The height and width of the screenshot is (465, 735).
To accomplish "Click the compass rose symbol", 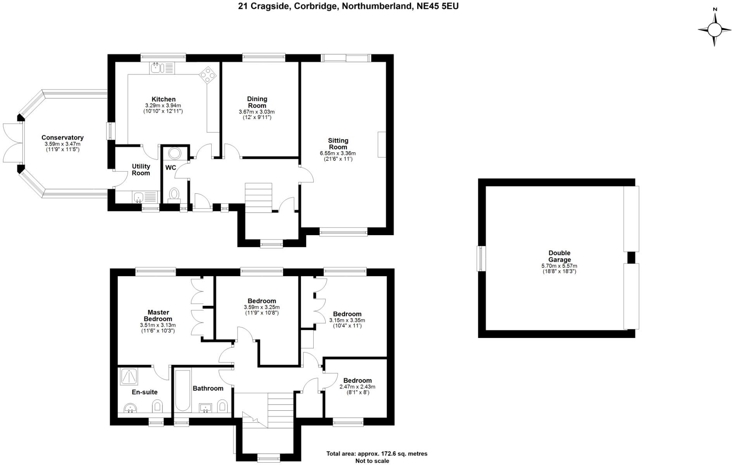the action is pyautogui.click(x=714, y=29).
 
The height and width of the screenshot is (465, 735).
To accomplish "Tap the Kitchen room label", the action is pyautogui.click(x=163, y=100).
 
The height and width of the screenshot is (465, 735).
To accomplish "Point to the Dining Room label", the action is pyautogui.click(x=257, y=102).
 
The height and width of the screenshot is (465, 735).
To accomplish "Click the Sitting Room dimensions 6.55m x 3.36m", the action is pyautogui.click(x=338, y=153).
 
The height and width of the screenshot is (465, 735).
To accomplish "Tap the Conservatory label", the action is pyautogui.click(x=62, y=138).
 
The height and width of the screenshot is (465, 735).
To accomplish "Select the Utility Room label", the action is pyautogui.click(x=141, y=170).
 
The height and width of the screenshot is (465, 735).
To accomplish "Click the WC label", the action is pyautogui.click(x=171, y=168).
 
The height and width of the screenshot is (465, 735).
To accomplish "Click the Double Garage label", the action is pyautogui.click(x=559, y=257).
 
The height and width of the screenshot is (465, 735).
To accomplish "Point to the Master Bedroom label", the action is pyautogui.click(x=158, y=315).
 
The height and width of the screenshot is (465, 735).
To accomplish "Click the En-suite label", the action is pyautogui.click(x=145, y=392).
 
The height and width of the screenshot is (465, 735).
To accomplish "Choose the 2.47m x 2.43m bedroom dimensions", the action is pyautogui.click(x=357, y=387).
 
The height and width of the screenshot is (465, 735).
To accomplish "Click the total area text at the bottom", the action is pyautogui.click(x=376, y=454).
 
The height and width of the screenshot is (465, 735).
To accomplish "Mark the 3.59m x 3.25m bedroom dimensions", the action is pyautogui.click(x=262, y=307).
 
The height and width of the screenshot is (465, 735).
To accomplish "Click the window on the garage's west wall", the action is pyautogui.click(x=481, y=258).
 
